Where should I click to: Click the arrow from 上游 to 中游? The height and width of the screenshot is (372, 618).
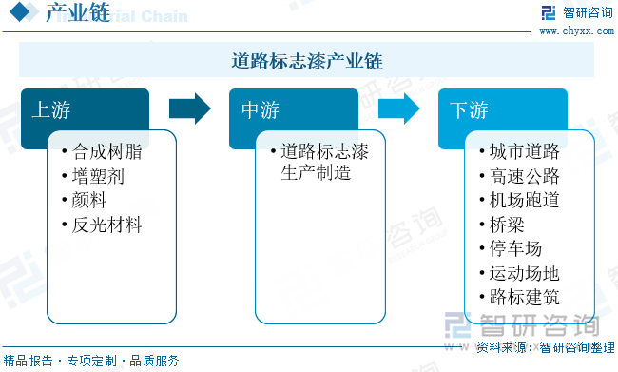point(188,108)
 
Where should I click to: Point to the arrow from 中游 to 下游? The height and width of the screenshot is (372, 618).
point(397,108)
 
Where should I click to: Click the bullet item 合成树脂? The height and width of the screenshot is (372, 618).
point(107,151)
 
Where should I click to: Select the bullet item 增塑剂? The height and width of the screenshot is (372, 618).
point(98,176)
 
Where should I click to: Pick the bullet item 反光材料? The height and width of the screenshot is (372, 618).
point(107,225)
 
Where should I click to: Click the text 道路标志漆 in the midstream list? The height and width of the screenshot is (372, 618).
point(324,151)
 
